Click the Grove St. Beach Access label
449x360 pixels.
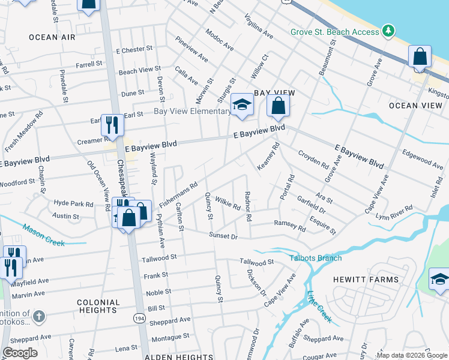(x=334, y=32)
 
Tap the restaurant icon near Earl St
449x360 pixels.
(x=112, y=124)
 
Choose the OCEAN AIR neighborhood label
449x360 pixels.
(x=52, y=37)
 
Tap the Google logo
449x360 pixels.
(x=20, y=353)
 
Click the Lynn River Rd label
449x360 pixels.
(x=393, y=212)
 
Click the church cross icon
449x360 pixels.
(x=38, y=316)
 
